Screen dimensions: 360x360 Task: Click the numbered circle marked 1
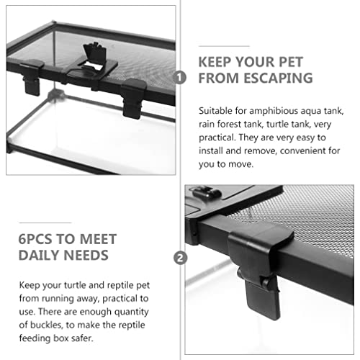click(x=179, y=78)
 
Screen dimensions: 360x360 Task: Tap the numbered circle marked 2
click(x=180, y=258)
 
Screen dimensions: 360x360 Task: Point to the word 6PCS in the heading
click(x=35, y=239)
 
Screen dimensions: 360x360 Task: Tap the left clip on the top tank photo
click(x=32, y=76)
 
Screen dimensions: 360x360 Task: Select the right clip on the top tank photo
click(x=133, y=98)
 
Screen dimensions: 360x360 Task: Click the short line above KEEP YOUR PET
click(x=224, y=46)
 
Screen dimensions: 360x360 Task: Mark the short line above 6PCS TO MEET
click(x=45, y=222)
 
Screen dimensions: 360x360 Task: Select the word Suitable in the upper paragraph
click(x=215, y=111)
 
